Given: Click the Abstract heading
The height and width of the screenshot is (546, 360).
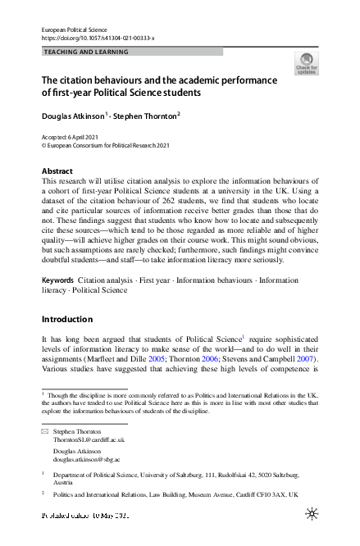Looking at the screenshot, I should (57, 171).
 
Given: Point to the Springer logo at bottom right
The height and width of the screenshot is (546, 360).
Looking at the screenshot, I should (312, 514).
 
